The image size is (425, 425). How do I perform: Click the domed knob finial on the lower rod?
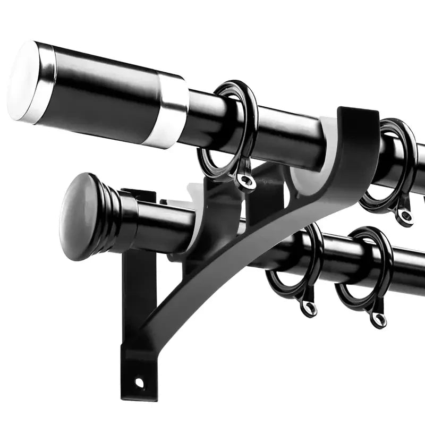(80, 215)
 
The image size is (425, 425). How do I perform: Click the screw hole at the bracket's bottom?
(139, 382)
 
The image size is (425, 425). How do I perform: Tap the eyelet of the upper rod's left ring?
(245, 181)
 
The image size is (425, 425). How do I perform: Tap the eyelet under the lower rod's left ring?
(308, 307)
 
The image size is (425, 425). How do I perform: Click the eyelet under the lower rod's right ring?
(378, 319)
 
